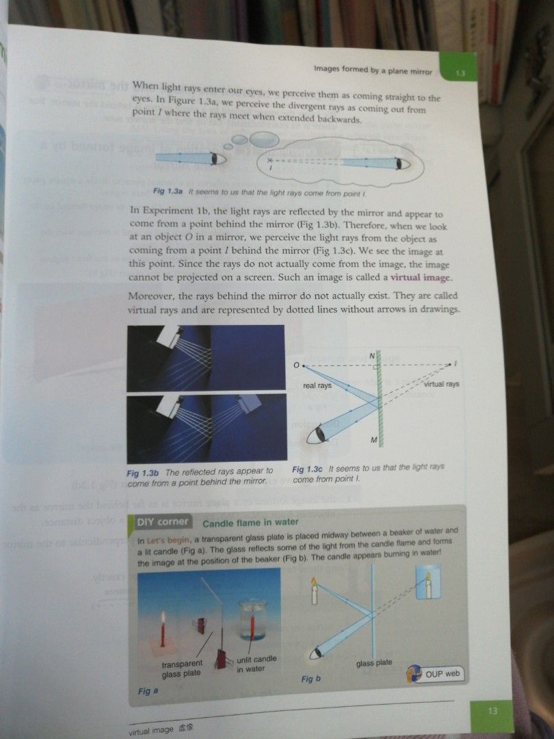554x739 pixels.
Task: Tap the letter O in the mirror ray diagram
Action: tap(296, 365)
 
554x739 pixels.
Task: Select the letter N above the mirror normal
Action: tap(372, 356)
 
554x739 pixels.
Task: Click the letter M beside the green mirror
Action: tap(374, 439)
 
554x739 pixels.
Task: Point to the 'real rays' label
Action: tap(317, 386)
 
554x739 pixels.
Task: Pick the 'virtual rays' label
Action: tap(441, 385)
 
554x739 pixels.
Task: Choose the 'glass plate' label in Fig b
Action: tap(374, 663)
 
